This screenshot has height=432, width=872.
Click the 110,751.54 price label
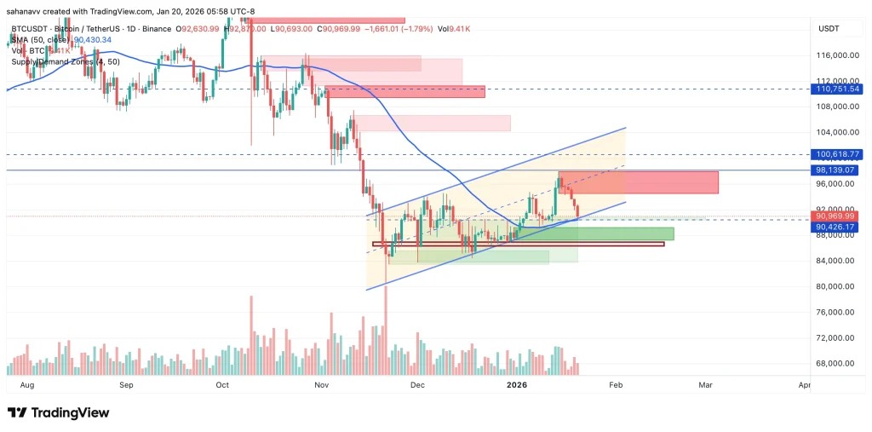838,89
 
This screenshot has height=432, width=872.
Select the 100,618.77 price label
838,154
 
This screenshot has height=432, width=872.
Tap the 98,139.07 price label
838,170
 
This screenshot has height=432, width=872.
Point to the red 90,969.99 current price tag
838,216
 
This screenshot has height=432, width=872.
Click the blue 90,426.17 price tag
838,227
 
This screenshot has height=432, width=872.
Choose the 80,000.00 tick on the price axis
836,286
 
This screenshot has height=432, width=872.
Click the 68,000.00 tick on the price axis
836,363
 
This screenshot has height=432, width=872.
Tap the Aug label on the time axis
26,385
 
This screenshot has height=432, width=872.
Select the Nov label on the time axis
321,385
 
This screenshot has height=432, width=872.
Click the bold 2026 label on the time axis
518,385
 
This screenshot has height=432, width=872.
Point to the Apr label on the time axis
805,385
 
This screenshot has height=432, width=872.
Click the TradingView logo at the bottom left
58,412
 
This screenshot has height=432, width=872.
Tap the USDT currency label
829,29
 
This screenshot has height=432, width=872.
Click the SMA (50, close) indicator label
41,39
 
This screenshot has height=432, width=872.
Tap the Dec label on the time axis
417,385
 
